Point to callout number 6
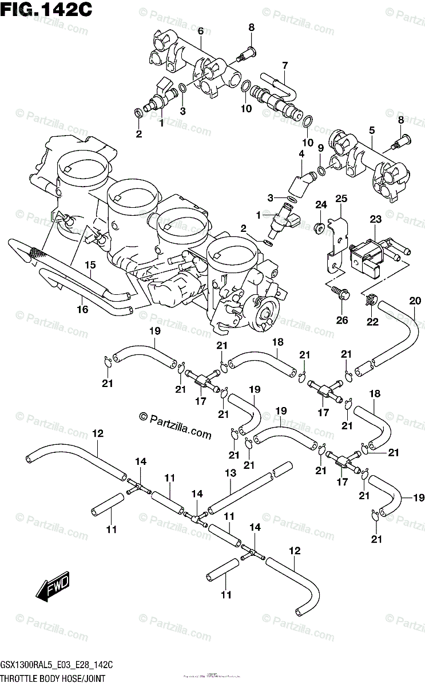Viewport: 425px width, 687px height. tap(201, 31)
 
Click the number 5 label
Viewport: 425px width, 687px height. tap(372, 131)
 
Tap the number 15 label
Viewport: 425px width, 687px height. tap(90, 264)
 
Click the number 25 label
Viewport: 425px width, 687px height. tap(341, 199)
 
